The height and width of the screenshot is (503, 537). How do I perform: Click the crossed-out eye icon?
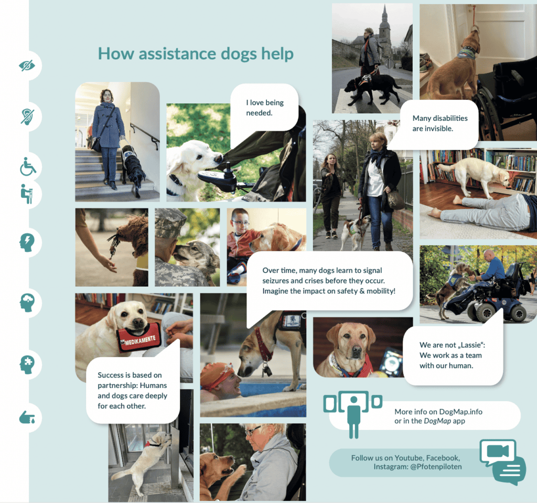[27, 65]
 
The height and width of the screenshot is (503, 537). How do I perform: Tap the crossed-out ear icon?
[27, 117]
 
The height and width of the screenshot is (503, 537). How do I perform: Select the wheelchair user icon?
[28, 166]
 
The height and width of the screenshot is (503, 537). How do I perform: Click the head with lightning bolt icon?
[27, 243]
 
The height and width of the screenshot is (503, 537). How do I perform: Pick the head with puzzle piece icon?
[27, 364]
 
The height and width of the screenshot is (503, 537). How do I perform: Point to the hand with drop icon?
[27, 417]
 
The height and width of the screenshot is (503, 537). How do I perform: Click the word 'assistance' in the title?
[177, 54]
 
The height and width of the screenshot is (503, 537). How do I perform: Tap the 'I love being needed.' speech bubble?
[264, 107]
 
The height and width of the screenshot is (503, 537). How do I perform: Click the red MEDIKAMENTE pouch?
[139, 338]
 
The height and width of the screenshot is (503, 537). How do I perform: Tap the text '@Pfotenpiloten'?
[436, 467]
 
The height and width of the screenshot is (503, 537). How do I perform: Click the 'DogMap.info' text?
[460, 412]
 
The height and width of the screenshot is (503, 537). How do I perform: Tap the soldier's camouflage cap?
[170, 223]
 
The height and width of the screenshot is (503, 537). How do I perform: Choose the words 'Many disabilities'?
[440, 118]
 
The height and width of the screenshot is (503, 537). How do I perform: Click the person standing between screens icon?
[353, 414]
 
